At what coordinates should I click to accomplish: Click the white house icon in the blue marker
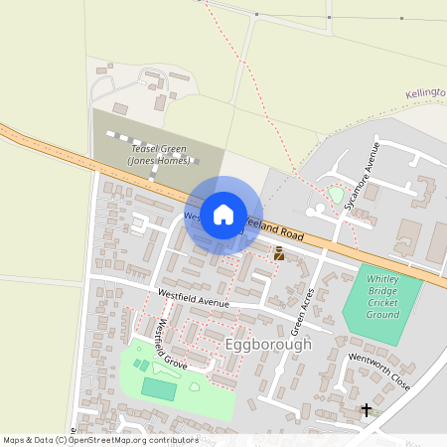[223, 214]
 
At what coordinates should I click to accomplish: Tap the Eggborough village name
[268, 344]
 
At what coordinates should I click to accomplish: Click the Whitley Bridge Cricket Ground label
[382, 297]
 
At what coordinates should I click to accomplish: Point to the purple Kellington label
[426, 93]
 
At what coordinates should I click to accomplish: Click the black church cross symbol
[367, 408]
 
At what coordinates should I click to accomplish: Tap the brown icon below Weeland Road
[279, 253]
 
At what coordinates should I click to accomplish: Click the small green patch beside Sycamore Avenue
[336, 195]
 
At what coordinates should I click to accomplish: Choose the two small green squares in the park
[141, 365]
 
